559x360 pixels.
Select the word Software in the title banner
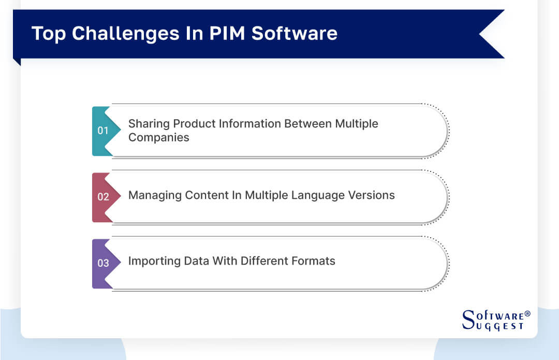pos(295,34)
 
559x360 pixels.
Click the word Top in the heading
pos(49,34)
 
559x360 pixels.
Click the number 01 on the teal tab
pos(103,131)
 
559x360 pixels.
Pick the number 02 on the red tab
pos(103,197)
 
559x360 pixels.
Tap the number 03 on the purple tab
pos(103,263)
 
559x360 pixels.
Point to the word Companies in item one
pos(159,138)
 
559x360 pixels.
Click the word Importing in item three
pos(153,261)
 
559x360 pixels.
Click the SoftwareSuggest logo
pos(492,320)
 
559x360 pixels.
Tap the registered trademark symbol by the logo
pos(527,314)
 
